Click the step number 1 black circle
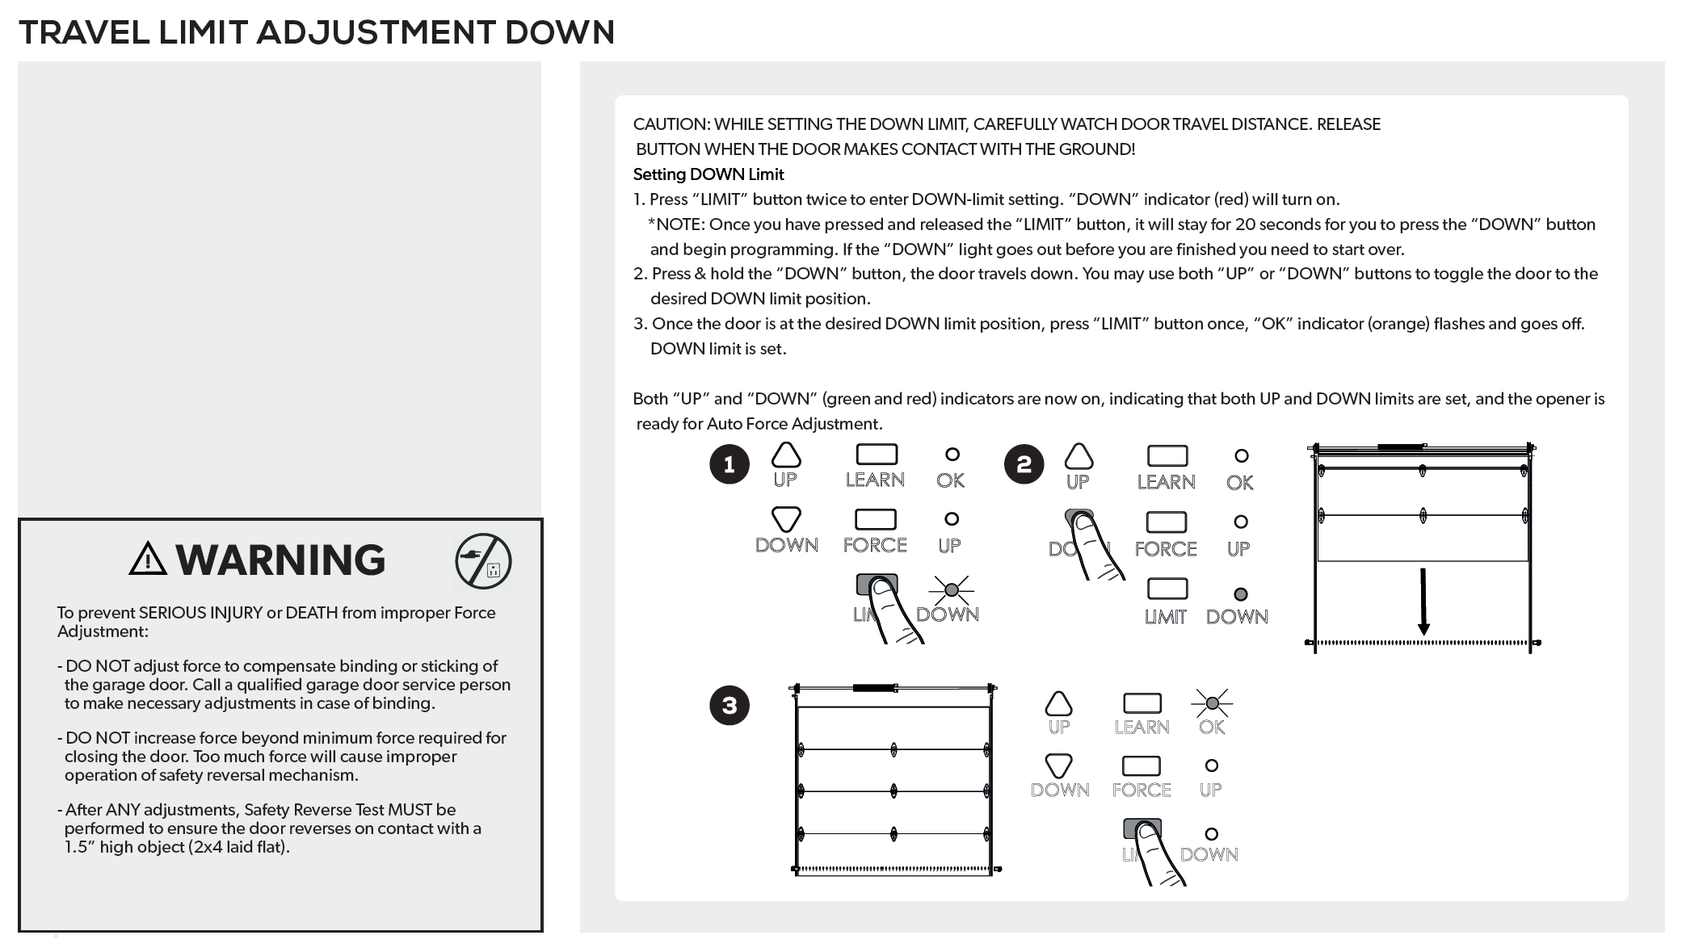pyautogui.click(x=729, y=464)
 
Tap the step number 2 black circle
pyautogui.click(x=1024, y=464)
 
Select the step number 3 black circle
pyautogui.click(x=729, y=705)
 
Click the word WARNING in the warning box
pyautogui.click(x=280, y=560)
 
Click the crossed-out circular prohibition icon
pyautogui.click(x=483, y=561)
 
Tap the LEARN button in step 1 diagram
pyautogui.click(x=877, y=455)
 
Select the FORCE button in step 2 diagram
pyautogui.click(x=1166, y=522)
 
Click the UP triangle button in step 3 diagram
pyautogui.click(x=1058, y=703)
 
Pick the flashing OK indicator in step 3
pyautogui.click(x=1212, y=702)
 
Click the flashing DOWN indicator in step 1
pyautogui.click(x=952, y=589)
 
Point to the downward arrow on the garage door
pyautogui.click(x=1423, y=602)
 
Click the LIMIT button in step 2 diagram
pyautogui.click(x=1167, y=589)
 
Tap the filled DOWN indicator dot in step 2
pyautogui.click(x=1241, y=595)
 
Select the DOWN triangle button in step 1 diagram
pyautogui.click(x=786, y=519)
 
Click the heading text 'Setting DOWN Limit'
pyautogui.click(x=708, y=174)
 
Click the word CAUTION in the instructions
pyautogui.click(x=671, y=124)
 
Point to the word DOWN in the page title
pyautogui.click(x=559, y=33)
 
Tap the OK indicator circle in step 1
pyautogui.click(x=952, y=455)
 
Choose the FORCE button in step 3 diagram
pyautogui.click(x=1141, y=765)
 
